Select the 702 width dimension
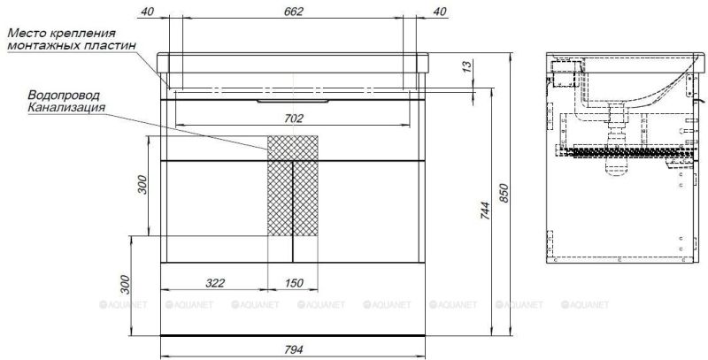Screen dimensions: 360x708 [293, 118]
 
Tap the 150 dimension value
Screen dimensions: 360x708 [293, 283]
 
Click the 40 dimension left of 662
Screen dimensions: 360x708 [147, 11]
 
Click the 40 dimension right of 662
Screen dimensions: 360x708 [439, 11]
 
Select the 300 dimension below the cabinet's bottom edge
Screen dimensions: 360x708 [125, 285]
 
